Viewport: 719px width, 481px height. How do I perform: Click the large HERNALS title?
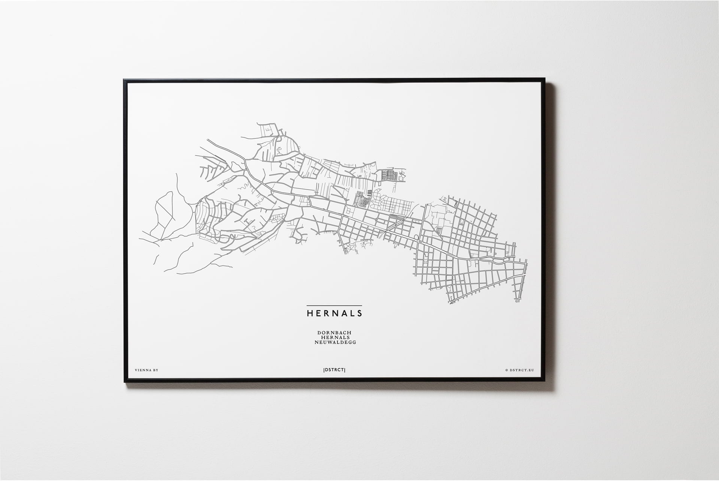pyautogui.click(x=334, y=313)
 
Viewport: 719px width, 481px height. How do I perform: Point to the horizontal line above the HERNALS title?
pyautogui.click(x=334, y=306)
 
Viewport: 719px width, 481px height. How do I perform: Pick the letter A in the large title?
pyautogui.click(x=343, y=313)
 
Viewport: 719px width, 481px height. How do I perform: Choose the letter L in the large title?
pyautogui.click(x=351, y=313)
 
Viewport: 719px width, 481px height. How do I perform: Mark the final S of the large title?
pyautogui.click(x=359, y=313)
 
